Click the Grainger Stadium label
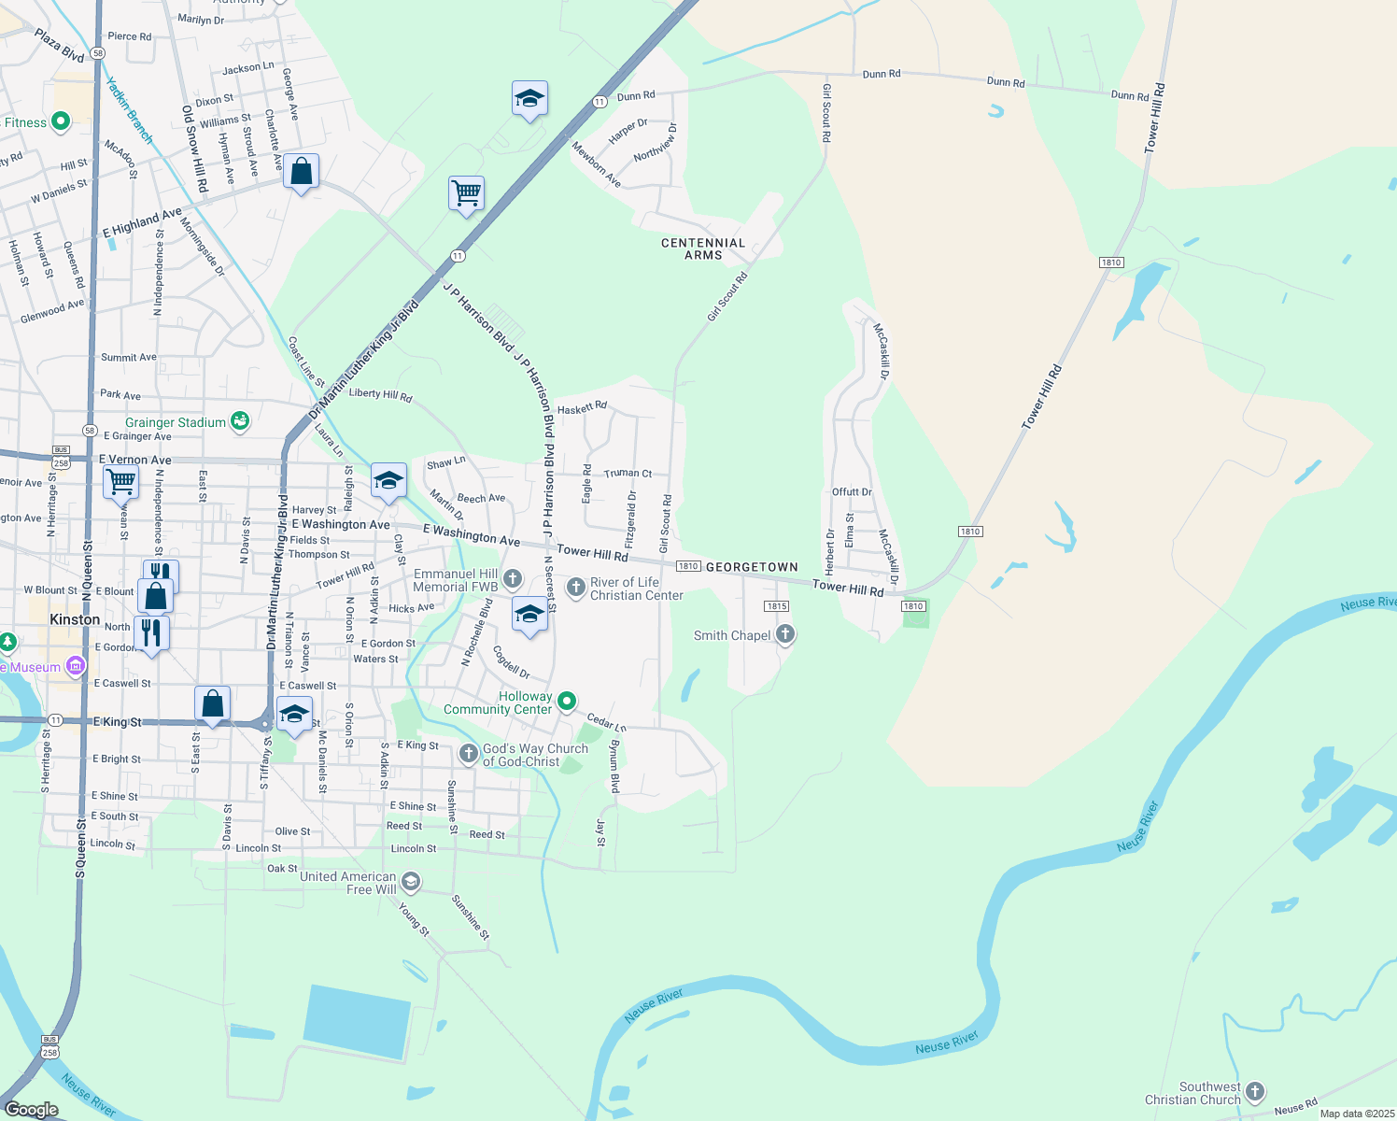[x=176, y=422]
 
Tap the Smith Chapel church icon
[x=785, y=635]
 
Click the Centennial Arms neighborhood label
[x=703, y=248]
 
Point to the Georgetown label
[x=752, y=567]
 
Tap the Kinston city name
[x=75, y=619]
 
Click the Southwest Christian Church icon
[x=1255, y=1091]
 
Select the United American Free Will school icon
[x=410, y=882]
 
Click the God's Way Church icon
[x=469, y=753]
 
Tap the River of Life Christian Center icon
[x=576, y=588]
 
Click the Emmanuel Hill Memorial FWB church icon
[x=512, y=579]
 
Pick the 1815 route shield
[x=777, y=606]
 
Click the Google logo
[x=32, y=1109]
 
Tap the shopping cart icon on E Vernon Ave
[x=121, y=482]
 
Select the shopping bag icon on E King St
[x=213, y=702]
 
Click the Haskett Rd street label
[x=582, y=407]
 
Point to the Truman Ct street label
[x=628, y=474]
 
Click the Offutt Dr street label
[x=852, y=491]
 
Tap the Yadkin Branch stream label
[x=129, y=110]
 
